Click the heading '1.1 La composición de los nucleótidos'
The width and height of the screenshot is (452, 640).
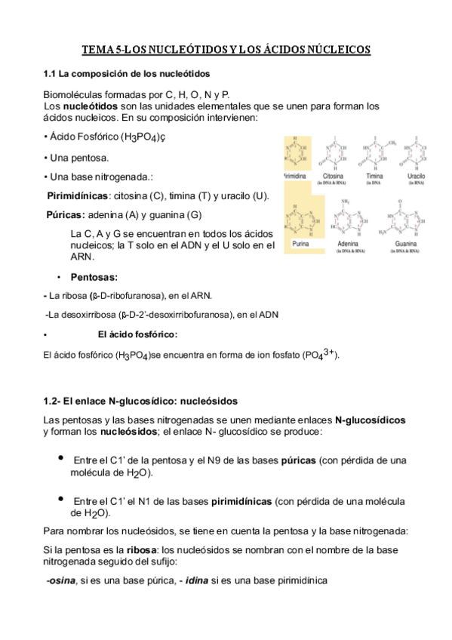(x=127, y=74)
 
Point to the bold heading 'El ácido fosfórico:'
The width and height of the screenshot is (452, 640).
(x=138, y=334)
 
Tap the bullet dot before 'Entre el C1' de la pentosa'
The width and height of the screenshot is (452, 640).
(x=60, y=458)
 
